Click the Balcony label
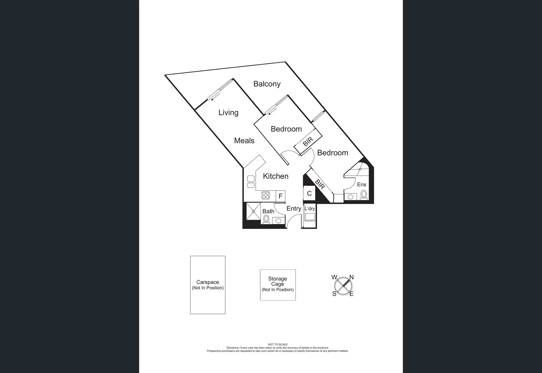coord(267,84)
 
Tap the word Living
coord(228,113)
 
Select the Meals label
coord(244,141)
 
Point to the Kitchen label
coord(275,176)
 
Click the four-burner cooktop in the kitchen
coord(265,195)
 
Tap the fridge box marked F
coord(281,196)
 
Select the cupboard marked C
coord(309,193)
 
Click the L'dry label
coord(310,209)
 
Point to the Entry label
coord(294,209)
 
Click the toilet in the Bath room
coord(266,219)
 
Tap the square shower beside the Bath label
coord(253,211)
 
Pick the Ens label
coord(361,185)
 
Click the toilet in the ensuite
coord(364,194)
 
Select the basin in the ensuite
coord(350,197)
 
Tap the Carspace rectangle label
coord(208,283)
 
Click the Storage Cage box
coord(278,285)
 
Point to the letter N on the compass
coord(351,277)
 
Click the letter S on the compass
coord(334,294)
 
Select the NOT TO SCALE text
coord(278,344)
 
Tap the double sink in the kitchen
coord(251,182)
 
